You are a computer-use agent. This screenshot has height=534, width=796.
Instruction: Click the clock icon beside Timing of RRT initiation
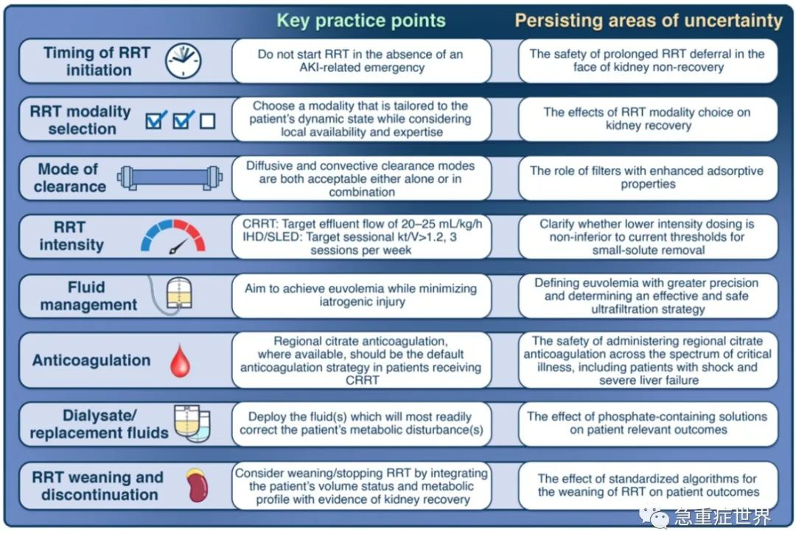pyautogui.click(x=183, y=61)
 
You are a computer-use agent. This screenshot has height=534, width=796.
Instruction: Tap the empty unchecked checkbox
pyautogui.click(x=207, y=122)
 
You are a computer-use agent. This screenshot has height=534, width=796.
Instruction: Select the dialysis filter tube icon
pyautogui.click(x=170, y=178)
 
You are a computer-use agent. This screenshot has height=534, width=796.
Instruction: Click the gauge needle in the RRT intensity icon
pyautogui.click(x=178, y=247)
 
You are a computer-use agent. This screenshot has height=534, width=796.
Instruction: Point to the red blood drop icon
pyautogui.click(x=180, y=361)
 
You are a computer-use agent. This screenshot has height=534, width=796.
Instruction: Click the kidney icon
pyautogui.click(x=198, y=485)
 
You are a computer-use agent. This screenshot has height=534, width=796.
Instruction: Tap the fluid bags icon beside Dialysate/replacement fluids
pyautogui.click(x=192, y=423)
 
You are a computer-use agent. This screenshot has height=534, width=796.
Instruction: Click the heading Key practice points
pyautogui.click(x=361, y=21)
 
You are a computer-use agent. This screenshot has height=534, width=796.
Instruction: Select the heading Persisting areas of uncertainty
pyautogui.click(x=649, y=21)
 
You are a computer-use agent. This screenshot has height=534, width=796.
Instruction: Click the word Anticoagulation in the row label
pyautogui.click(x=91, y=361)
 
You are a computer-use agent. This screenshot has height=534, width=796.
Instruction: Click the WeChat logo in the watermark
pyautogui.click(x=654, y=516)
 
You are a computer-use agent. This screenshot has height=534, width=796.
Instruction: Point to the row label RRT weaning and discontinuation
pyautogui.click(x=98, y=486)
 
